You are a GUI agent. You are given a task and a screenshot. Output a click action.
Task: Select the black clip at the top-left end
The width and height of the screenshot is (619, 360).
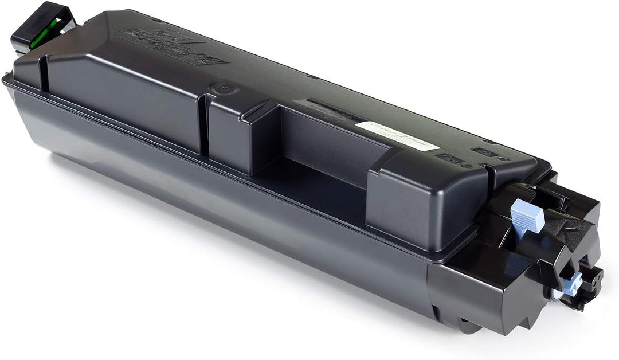pos(43,29)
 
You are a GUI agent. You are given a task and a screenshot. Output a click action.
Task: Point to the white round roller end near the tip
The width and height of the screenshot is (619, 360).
pos(557,294)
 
